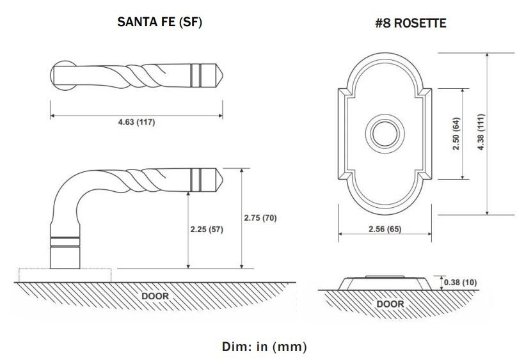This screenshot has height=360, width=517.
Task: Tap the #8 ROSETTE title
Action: click(410, 24)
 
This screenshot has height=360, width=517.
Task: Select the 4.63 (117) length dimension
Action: click(136, 122)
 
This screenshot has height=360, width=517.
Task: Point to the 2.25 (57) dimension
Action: click(206, 230)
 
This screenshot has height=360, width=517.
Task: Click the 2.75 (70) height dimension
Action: click(260, 218)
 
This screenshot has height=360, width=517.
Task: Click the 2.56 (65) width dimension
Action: click(381, 229)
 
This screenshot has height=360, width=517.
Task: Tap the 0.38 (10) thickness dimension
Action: click(463, 282)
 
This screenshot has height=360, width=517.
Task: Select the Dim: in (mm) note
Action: click(264, 347)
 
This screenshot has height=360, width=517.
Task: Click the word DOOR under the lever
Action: click(155, 296)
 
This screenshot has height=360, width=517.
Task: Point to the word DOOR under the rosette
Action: click(390, 304)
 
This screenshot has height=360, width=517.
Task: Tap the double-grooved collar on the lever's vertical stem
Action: click(66, 242)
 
